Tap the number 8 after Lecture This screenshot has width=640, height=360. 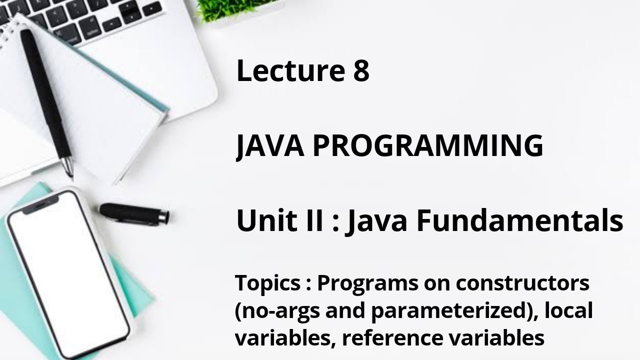pos(360,71)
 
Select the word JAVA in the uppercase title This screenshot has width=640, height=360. pos(270,146)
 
